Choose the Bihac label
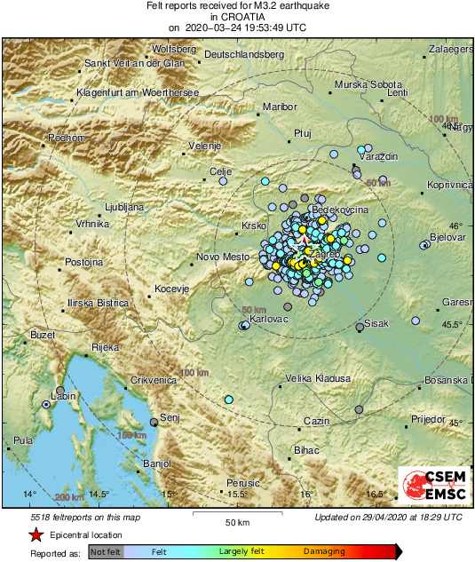[x=306, y=451]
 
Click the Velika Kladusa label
[x=318, y=378]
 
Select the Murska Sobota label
[x=369, y=84]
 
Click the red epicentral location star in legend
[x=36, y=535]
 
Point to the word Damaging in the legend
[x=324, y=551]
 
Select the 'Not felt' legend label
[x=107, y=551]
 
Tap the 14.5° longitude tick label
[x=98, y=494]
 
